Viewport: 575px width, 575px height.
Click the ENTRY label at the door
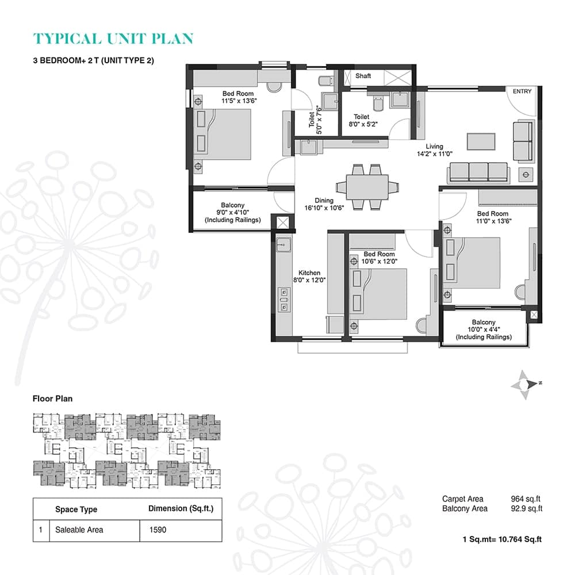click(523, 91)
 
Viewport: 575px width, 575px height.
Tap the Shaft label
click(363, 76)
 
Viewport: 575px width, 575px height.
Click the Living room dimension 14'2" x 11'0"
click(435, 154)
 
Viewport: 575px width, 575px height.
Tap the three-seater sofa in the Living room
click(478, 172)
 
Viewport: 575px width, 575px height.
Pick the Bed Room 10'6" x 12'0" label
click(379, 258)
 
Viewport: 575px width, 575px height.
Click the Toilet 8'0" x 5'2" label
click(362, 120)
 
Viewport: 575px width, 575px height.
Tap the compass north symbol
click(526, 384)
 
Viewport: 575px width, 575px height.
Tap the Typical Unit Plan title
click(114, 39)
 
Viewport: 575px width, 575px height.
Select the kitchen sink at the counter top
click(281, 245)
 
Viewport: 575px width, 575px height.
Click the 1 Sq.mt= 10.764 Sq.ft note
click(503, 539)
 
